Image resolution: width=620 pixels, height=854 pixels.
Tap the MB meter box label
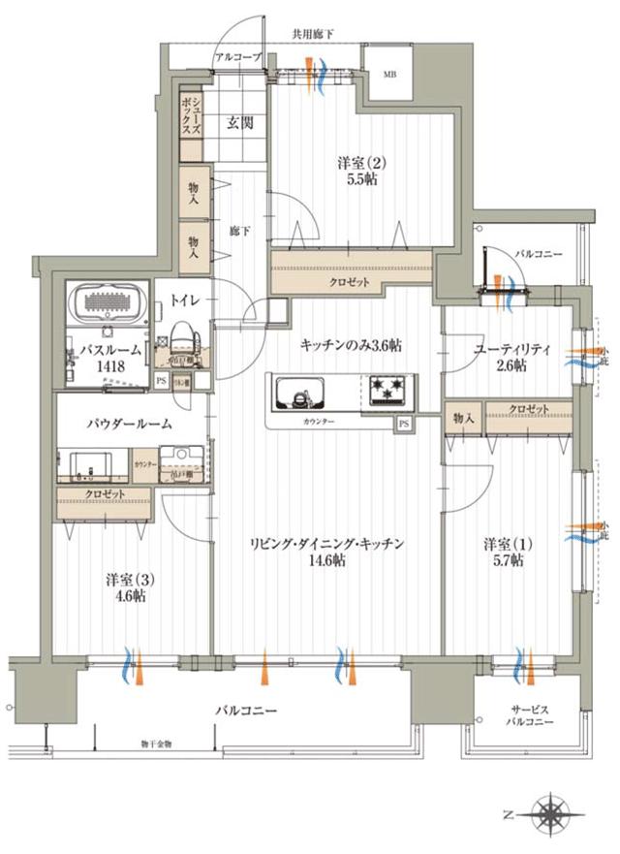(388, 75)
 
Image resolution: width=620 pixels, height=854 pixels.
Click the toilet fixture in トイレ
(185, 343)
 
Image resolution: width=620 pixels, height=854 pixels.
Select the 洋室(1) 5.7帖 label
(506, 552)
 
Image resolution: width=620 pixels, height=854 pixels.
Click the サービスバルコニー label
(530, 716)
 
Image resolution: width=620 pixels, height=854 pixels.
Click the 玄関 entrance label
(240, 123)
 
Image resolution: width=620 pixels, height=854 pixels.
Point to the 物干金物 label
(155, 744)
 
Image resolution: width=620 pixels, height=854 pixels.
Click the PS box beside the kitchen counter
(402, 424)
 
